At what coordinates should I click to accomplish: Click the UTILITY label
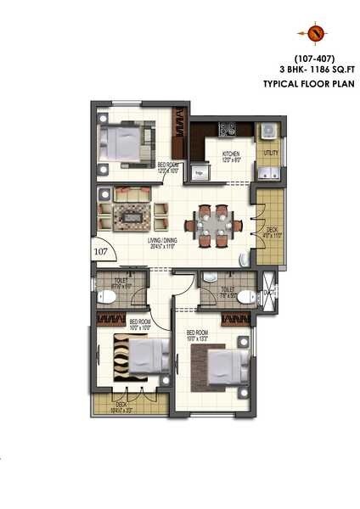coord(271,153)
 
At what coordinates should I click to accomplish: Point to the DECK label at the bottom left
coord(121,406)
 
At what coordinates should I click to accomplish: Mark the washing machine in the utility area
coord(269,130)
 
